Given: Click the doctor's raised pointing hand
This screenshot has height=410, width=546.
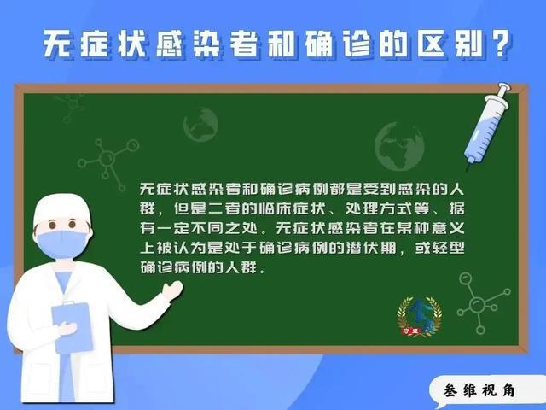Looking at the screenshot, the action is [172, 290].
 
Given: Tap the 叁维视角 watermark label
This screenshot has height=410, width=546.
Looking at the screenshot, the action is [479, 390].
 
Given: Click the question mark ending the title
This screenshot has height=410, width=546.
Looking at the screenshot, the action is [501, 43].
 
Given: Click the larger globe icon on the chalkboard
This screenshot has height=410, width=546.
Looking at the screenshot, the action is [399, 146].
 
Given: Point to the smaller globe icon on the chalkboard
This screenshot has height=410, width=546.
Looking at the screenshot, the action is [201, 125].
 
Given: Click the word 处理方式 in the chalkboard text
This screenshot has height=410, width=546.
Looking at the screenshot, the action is [379, 208].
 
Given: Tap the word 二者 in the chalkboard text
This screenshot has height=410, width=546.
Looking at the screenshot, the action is [224, 208].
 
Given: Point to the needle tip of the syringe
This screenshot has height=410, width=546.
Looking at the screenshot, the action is [468, 170].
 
